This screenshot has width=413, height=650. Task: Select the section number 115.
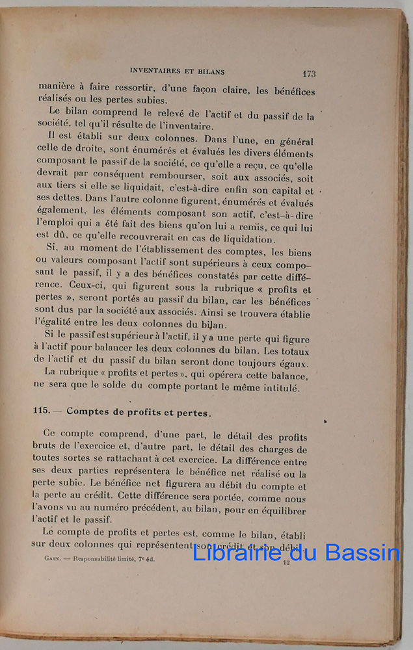(x=43, y=411)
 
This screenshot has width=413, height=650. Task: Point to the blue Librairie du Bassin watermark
(x=296, y=552)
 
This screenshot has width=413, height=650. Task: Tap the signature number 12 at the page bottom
(x=286, y=562)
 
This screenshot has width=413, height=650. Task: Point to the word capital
(x=281, y=191)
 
